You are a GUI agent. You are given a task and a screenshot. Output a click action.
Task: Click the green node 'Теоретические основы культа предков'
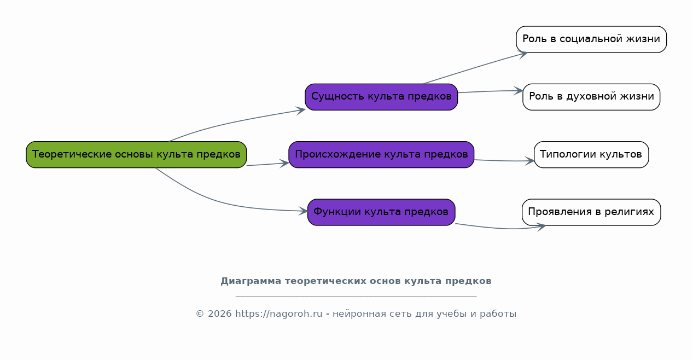pos(136,154)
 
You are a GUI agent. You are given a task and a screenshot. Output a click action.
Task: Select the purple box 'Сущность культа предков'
pos(381,97)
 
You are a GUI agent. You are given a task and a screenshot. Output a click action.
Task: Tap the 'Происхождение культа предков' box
pos(381,154)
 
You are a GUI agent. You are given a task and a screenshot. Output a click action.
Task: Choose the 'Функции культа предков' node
pos(381,212)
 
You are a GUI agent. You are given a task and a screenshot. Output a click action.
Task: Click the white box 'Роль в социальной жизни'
pos(591,39)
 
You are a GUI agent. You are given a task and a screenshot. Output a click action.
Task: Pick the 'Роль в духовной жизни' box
pos(591,97)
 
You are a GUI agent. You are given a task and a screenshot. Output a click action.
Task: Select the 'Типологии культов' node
pos(591,154)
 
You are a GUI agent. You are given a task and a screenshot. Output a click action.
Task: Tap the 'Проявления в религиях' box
pos(591,212)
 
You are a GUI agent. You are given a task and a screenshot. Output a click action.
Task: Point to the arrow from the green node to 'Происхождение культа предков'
pos(268,164)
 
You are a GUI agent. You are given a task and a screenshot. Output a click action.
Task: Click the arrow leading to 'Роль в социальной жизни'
pos(475,68)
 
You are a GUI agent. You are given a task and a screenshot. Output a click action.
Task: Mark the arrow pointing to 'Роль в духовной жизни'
pos(491,91)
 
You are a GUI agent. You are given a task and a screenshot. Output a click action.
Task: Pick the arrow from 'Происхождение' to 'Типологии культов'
pos(504,161)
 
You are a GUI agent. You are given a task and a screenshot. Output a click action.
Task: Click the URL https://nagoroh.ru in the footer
pos(279,314)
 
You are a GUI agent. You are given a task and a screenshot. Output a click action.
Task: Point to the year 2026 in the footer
pos(220,314)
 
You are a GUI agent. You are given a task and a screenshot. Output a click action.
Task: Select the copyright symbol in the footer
pos(200,314)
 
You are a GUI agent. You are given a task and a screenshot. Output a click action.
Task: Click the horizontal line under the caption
pos(356,297)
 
